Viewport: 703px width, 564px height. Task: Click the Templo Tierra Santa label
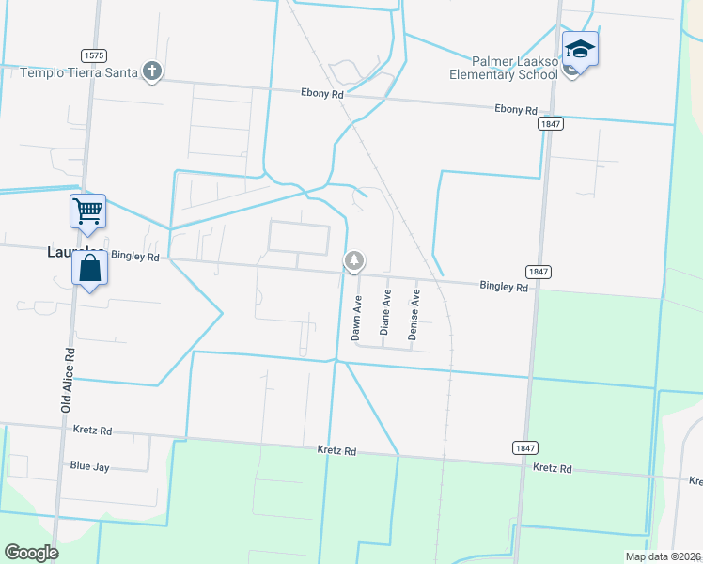[x=79, y=71]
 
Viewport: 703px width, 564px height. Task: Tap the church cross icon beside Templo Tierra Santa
[x=152, y=70]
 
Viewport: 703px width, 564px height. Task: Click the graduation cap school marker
[x=580, y=49]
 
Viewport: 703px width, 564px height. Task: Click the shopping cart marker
[x=87, y=211]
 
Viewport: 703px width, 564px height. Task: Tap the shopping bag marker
[x=89, y=270]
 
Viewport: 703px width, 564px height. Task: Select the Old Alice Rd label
[x=67, y=380]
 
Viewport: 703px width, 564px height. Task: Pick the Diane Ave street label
[x=385, y=313]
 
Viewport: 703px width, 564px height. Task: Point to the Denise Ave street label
[x=414, y=314]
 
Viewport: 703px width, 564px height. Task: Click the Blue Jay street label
[x=91, y=465]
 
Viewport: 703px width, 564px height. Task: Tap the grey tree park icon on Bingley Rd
[x=353, y=261]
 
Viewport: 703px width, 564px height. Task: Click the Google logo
[x=31, y=553]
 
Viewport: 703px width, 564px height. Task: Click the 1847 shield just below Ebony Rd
[x=551, y=123]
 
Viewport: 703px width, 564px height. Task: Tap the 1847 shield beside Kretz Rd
[x=524, y=446]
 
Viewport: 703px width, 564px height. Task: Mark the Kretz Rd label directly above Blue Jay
[x=92, y=431]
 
